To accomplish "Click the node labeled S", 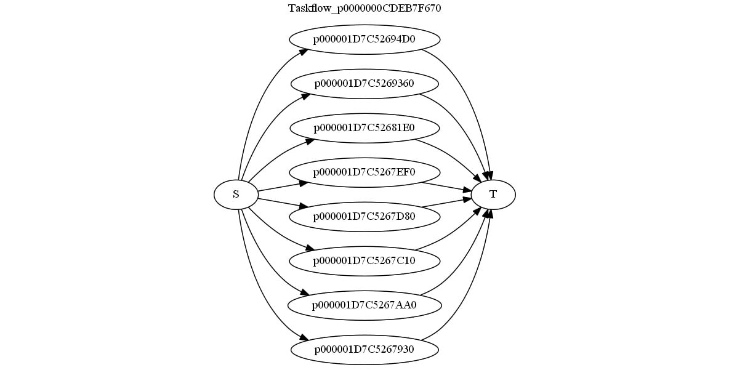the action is tap(236, 195).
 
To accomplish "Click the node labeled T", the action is tap(493, 195).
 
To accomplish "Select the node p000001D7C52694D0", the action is tap(364, 39).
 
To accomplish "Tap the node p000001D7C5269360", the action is tap(364, 84).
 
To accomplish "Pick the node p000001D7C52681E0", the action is tap(364, 128).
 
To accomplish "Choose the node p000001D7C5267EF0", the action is tap(364, 172).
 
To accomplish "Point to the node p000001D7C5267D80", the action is tap(364, 217).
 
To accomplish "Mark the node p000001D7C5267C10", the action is tap(364, 261).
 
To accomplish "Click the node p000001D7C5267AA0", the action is tap(364, 305).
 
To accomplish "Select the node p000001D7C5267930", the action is tap(364, 350).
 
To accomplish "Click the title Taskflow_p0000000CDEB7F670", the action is tap(364, 9).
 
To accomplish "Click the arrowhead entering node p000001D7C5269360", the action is tap(305, 96).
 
